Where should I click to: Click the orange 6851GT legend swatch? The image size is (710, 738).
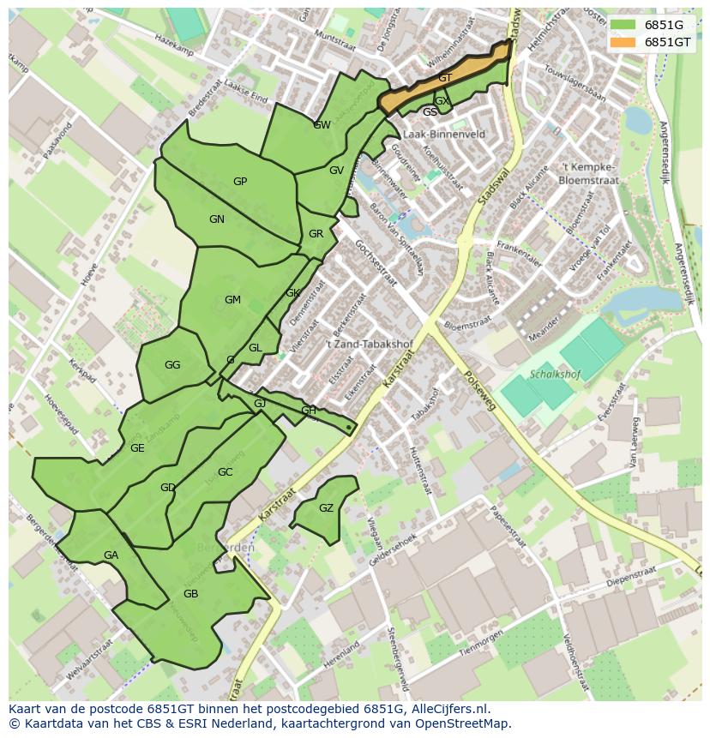click(624, 42)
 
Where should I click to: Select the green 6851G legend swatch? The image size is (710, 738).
click(624, 25)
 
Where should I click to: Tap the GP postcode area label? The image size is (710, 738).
click(240, 182)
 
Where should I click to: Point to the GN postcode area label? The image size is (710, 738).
click(217, 219)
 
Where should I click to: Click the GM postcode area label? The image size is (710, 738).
click(232, 300)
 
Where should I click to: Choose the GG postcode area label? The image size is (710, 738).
click(172, 365)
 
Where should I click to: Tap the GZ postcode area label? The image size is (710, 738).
click(326, 508)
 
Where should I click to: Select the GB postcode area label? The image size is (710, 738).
click(190, 594)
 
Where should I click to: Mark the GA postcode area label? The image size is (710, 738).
click(111, 555)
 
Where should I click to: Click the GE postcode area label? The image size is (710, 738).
click(137, 448)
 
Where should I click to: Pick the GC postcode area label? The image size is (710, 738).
click(226, 472)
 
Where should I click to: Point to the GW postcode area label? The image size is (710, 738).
click(322, 125)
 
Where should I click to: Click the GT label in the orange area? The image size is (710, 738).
click(445, 78)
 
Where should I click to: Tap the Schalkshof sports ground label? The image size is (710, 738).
click(555, 375)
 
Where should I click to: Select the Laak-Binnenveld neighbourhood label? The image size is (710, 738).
click(443, 135)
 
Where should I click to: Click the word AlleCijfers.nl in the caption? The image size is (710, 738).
click(448, 709)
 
